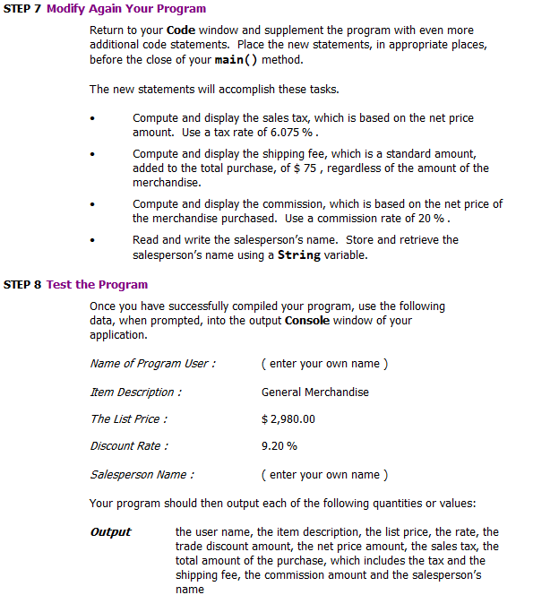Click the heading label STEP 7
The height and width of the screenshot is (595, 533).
point(22,9)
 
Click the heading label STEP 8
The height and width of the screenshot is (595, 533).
point(22,285)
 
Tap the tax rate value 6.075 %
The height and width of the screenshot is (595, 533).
point(294,132)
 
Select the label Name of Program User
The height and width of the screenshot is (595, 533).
point(152,363)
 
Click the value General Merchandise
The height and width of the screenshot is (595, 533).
point(314,392)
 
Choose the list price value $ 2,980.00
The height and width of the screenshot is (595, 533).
point(288,418)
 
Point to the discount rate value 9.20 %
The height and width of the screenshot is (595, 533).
point(279,445)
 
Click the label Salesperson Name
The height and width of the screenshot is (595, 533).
point(142,474)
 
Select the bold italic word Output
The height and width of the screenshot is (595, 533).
point(110,532)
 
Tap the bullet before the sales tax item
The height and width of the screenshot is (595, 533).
point(92,118)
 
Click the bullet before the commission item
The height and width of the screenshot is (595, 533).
point(92,204)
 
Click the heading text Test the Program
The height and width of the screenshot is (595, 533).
point(97,285)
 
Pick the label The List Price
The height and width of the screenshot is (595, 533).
point(128,418)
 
